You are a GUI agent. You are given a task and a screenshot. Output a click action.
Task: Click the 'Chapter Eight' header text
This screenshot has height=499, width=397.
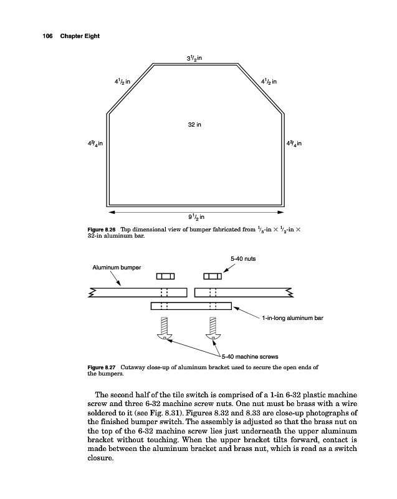tap(79, 36)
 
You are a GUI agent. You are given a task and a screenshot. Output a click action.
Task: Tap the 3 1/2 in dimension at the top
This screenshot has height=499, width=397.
tap(195, 58)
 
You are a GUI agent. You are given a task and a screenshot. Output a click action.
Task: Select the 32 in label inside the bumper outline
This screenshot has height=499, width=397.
tap(194, 125)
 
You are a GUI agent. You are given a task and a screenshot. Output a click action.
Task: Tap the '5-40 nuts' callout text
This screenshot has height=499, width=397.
tap(242, 258)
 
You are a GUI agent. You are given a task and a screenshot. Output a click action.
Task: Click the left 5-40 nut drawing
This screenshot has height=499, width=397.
tap(165, 276)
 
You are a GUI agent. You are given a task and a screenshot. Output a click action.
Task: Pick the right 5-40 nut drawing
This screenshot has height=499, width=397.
tap(213, 276)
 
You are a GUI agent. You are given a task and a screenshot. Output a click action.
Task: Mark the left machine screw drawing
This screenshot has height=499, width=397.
tap(165, 329)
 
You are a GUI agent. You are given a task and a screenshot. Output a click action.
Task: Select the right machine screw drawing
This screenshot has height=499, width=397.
tap(213, 329)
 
